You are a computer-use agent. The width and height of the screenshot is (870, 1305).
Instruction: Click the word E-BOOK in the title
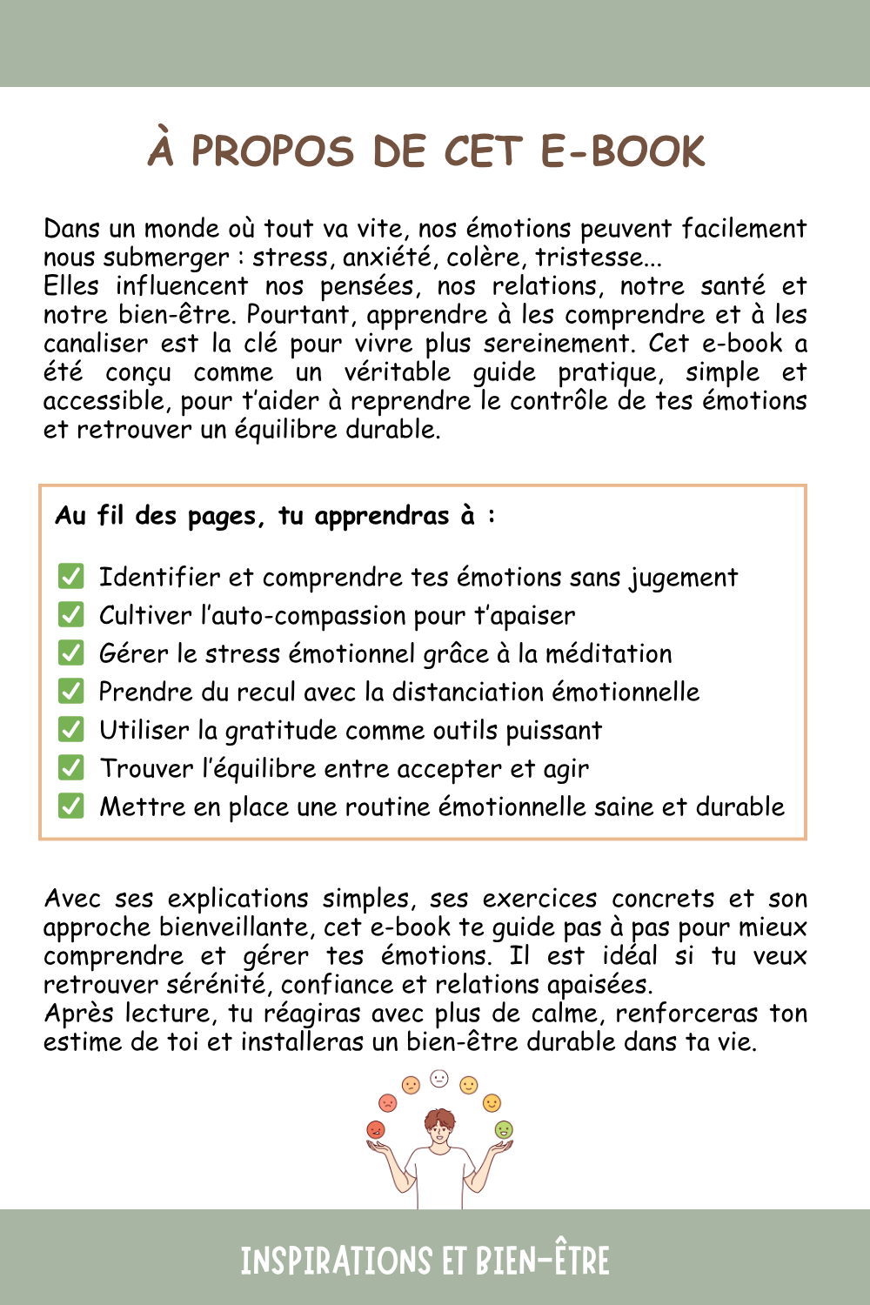pos(622,151)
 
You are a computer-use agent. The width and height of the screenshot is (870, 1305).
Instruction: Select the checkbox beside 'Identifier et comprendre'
pos(70,576)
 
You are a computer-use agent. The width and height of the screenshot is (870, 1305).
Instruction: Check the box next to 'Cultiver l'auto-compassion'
pos(70,614)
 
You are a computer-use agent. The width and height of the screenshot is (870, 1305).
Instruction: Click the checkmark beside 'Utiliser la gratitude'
pos(70,729)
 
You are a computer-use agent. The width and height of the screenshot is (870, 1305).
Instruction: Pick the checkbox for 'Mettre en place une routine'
pos(70,806)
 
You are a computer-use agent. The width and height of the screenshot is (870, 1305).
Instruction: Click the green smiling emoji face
pos(504,1129)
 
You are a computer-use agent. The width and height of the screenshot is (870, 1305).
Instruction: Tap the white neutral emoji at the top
pos(439,1079)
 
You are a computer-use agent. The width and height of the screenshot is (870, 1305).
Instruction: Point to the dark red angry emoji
pos(376,1129)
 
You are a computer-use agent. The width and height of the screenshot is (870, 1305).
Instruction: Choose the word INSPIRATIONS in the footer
pos(336,1261)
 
